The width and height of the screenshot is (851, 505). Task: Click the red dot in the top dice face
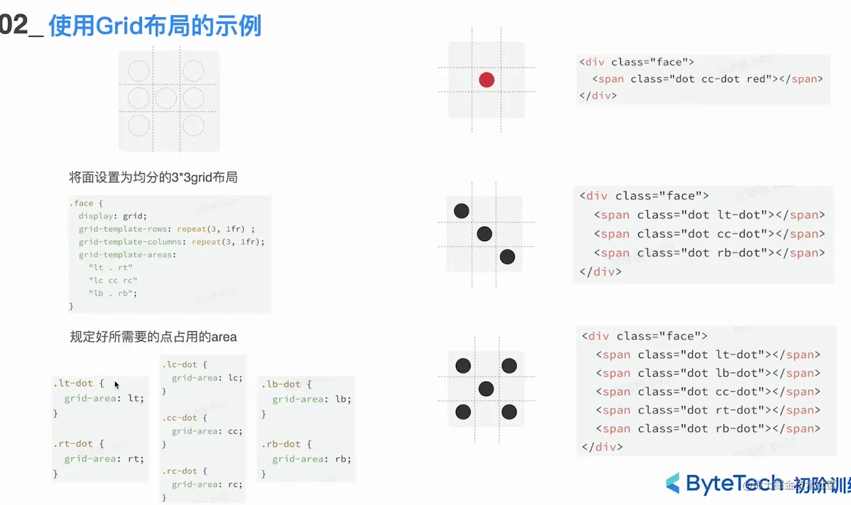click(x=487, y=80)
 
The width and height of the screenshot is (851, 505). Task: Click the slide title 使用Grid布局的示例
click(x=155, y=27)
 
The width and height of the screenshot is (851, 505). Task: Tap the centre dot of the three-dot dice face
click(x=484, y=234)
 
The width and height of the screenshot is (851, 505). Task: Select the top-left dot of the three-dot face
click(x=462, y=211)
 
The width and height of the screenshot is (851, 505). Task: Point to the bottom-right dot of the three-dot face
click(x=507, y=257)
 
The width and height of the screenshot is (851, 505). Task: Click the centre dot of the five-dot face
click(x=486, y=389)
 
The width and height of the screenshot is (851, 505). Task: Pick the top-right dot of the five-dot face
click(x=509, y=366)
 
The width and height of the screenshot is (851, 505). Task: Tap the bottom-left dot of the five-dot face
click(x=464, y=412)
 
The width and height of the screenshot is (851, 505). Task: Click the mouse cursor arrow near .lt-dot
click(x=116, y=385)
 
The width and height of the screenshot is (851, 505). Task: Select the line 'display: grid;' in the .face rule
click(x=113, y=216)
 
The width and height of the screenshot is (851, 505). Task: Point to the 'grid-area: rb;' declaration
click(x=311, y=459)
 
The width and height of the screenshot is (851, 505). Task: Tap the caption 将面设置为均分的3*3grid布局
click(x=153, y=178)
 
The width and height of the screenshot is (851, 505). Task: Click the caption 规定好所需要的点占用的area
click(x=153, y=337)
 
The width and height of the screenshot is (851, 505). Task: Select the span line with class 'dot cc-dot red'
click(x=707, y=79)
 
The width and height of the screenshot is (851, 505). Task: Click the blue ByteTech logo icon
click(x=673, y=483)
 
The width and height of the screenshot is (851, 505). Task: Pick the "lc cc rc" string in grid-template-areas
click(x=113, y=280)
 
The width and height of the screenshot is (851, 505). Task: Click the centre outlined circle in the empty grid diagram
click(x=166, y=98)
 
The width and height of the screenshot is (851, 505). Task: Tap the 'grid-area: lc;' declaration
click(x=207, y=378)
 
